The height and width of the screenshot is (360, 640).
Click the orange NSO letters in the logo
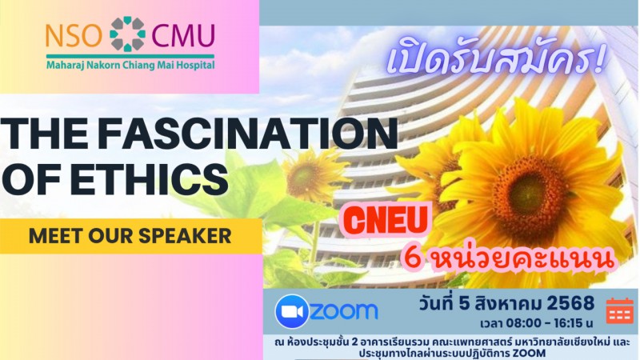point(74,36)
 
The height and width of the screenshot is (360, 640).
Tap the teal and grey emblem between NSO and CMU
point(127,34)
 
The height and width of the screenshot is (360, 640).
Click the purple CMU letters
point(183,36)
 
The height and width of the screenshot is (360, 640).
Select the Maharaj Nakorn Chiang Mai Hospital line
point(130,65)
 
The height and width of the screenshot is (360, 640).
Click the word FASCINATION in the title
point(248,133)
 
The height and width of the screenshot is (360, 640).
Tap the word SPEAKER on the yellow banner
point(185,235)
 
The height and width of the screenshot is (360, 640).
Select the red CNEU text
point(386,221)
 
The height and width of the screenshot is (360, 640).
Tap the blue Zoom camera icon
point(292,311)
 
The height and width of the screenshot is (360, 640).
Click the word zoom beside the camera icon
point(344,311)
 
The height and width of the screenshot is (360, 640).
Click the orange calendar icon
point(619,310)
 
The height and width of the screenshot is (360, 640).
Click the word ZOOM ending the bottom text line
point(530,353)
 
